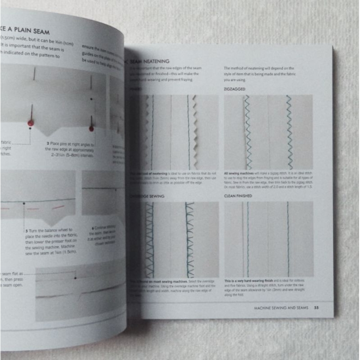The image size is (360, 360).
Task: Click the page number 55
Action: pyautogui.click(x=316, y=308)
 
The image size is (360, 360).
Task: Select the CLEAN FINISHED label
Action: pyautogui.click(x=240, y=196)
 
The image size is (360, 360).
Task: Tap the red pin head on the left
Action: pyautogui.click(x=31, y=122)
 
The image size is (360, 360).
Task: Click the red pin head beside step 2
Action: pyautogui.click(x=91, y=129)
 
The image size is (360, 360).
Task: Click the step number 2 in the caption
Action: pyautogui.click(x=48, y=143)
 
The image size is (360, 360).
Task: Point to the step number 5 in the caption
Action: pyautogui.click(x=27, y=230)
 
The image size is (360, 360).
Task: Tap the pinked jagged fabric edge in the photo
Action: pyautogui.click(x=194, y=130)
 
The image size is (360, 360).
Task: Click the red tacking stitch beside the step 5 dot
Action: pyautogui.click(x=57, y=208)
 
